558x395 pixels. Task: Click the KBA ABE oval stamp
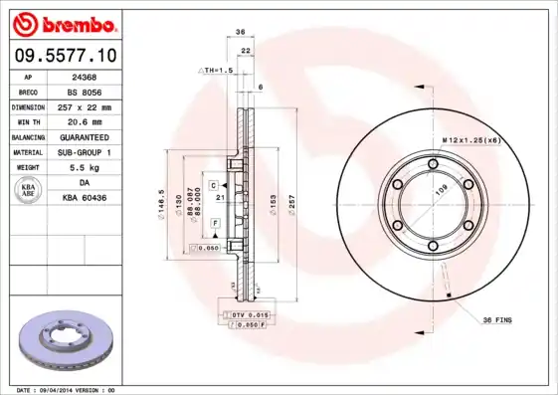pyautogui.click(x=28, y=190)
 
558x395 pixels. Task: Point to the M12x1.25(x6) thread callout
pyautogui.click(x=468, y=140)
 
